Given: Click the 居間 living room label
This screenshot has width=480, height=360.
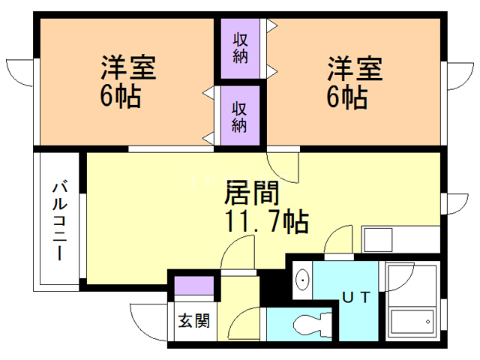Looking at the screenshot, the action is click(252, 193).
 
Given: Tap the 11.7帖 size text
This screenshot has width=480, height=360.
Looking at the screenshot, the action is click(266, 221).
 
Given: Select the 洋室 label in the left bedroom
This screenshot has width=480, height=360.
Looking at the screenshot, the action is click(128, 67).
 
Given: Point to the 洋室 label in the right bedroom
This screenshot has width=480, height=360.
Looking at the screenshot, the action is click(355, 68).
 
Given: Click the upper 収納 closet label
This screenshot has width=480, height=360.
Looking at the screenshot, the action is click(240, 48).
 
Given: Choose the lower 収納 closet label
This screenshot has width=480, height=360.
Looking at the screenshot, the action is click(239, 117).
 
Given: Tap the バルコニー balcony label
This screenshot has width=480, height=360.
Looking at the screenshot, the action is click(60, 220).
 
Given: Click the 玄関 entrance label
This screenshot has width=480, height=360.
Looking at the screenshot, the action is click(194, 320).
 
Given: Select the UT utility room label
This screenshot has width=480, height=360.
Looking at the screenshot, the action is click(356, 297).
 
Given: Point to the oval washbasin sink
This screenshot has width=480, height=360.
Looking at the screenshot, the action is click(302, 280).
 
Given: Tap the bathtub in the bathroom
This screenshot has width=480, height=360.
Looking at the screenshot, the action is click(412, 322).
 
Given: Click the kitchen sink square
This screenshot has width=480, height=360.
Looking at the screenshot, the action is click(378, 240).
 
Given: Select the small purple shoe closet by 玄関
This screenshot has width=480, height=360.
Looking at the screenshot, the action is click(194, 285).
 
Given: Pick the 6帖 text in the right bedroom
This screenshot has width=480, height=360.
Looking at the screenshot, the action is click(347, 97).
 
